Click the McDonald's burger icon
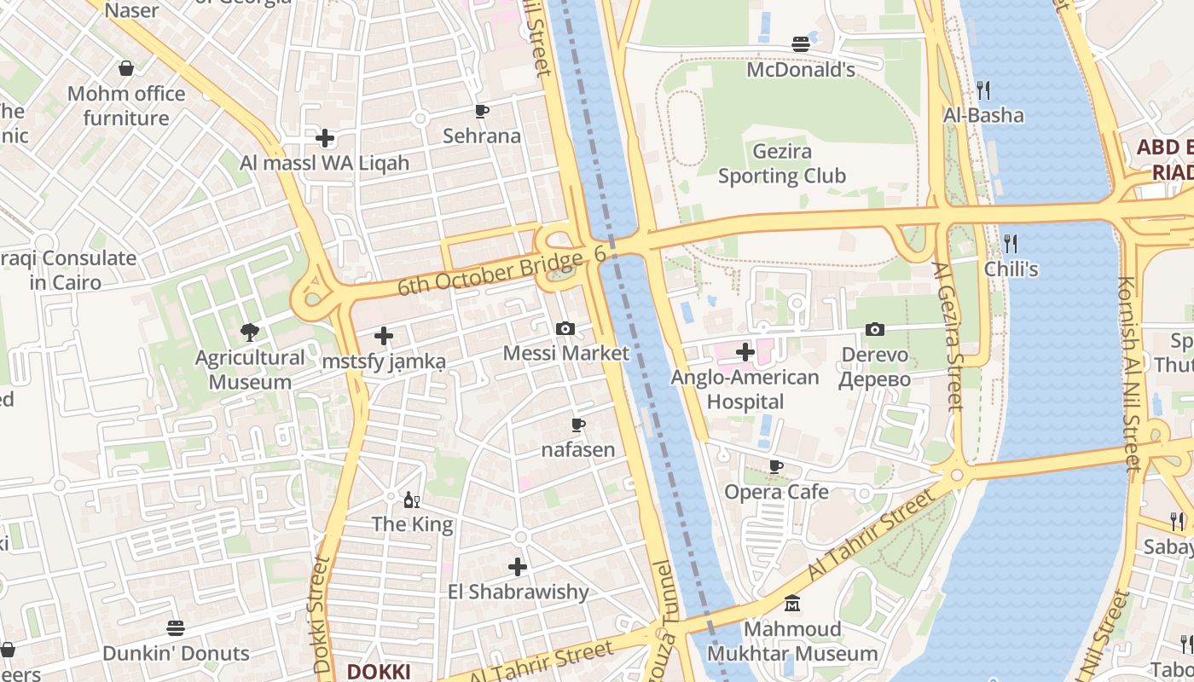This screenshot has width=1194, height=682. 800,44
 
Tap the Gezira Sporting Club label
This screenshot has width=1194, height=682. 781,164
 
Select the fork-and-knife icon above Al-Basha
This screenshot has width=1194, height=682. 982,90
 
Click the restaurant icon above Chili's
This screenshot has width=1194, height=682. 1011,244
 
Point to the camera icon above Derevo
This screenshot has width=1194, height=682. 874,329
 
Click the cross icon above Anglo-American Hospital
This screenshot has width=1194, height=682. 745,351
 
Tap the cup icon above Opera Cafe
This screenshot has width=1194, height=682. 775,466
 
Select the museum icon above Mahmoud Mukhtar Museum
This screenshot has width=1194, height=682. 792,604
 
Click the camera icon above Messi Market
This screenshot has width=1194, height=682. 565,328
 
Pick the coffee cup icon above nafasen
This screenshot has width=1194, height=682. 577,425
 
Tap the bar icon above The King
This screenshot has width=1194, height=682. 411,500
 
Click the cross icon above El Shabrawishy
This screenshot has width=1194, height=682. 518,566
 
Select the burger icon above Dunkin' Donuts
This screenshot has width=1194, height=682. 176,628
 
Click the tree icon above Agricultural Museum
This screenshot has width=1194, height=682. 249,332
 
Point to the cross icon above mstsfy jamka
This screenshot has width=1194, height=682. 384,336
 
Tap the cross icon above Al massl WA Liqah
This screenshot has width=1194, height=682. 324,137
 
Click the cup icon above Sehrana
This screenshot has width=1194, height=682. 482,111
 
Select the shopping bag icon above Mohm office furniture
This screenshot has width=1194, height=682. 126,68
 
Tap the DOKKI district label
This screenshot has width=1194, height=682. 379,671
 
